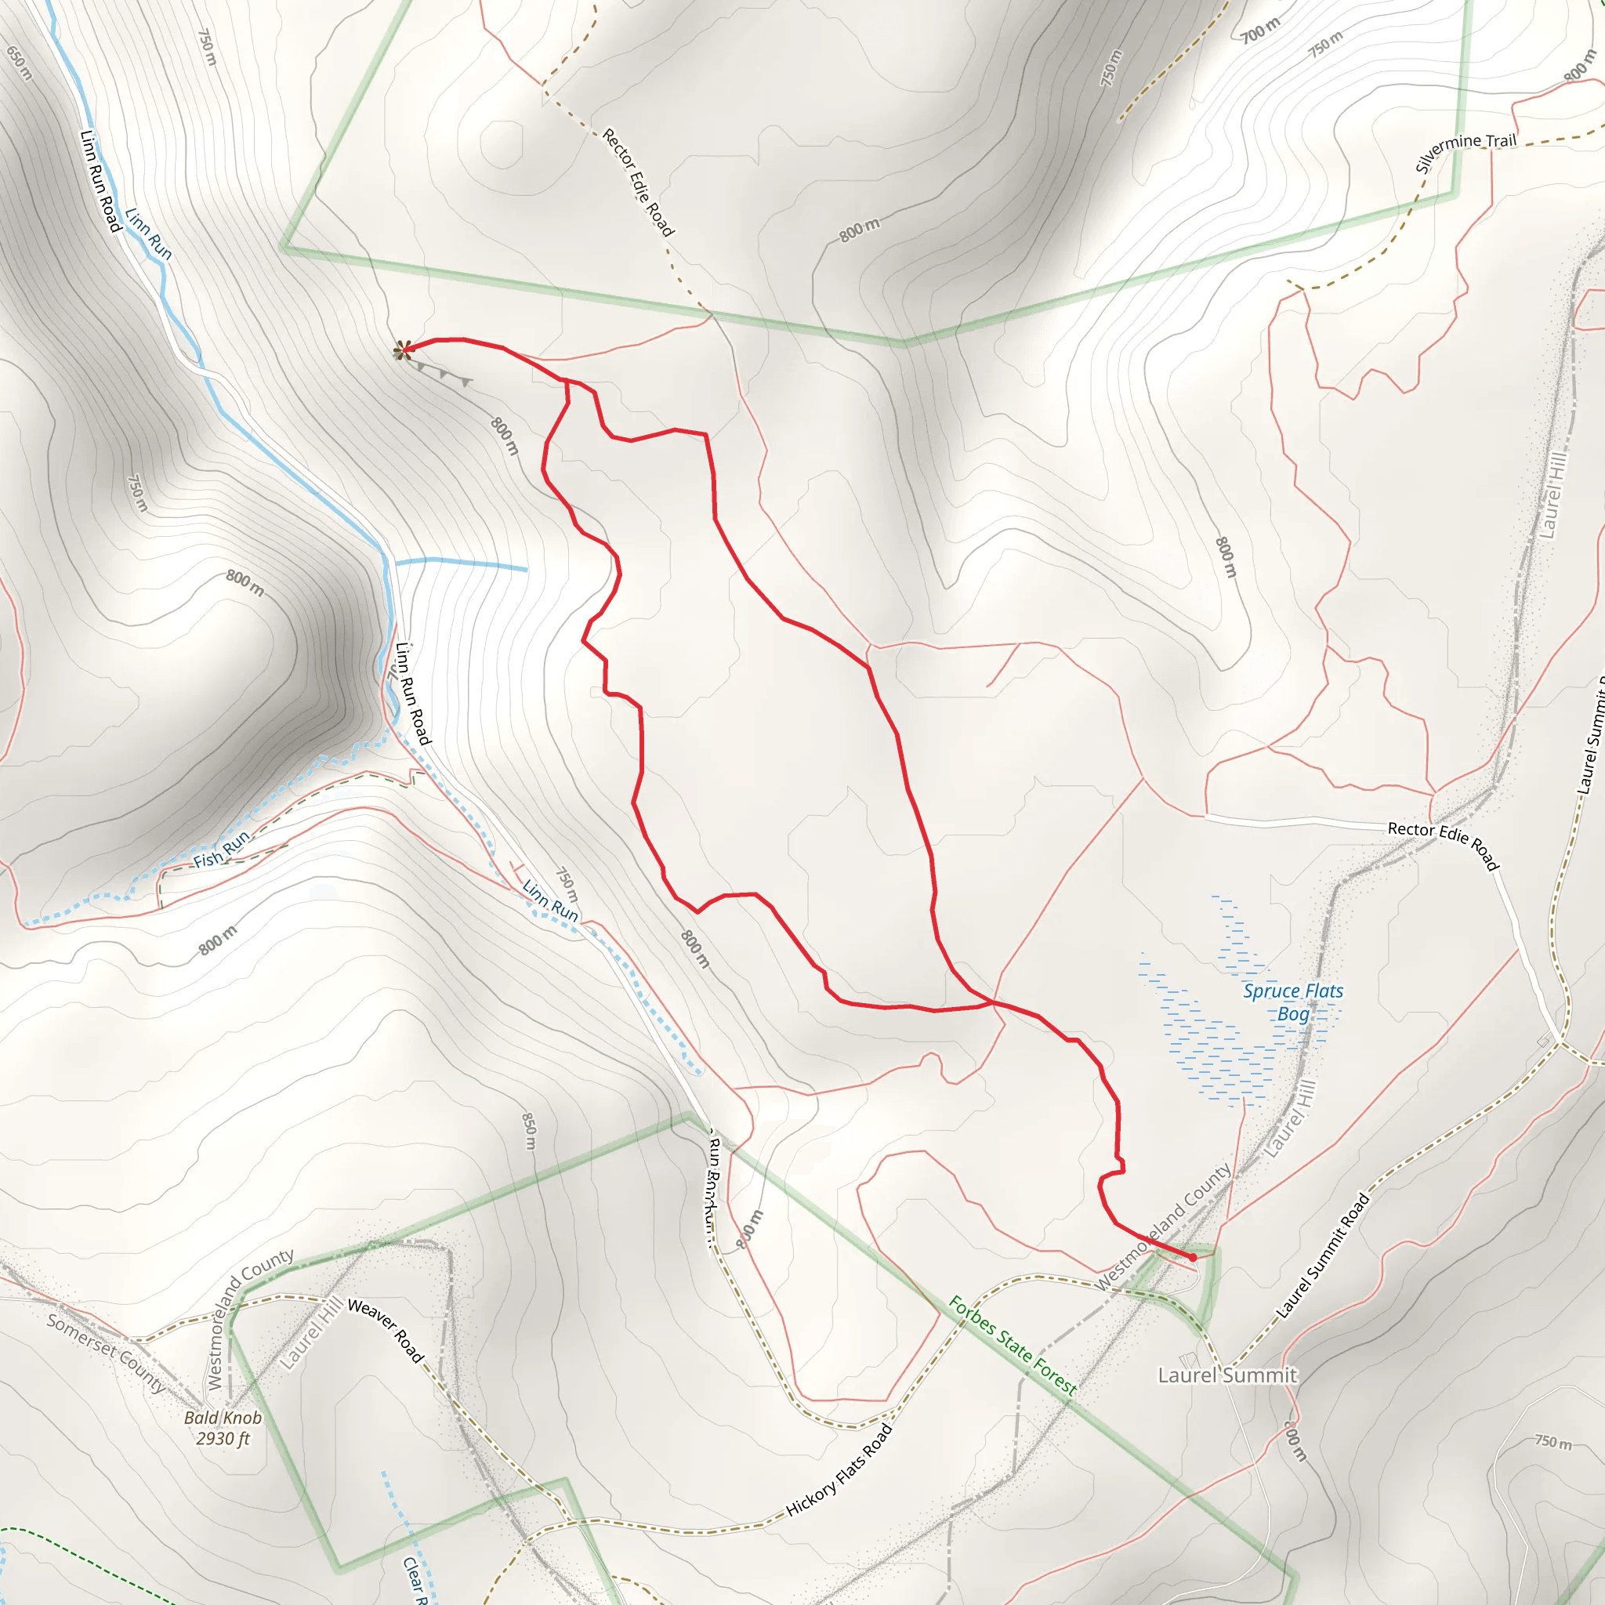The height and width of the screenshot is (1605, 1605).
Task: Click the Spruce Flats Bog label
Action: (1292, 1002)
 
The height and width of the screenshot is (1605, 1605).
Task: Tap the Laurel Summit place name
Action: (1227, 1375)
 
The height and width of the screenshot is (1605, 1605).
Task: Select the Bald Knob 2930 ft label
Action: (223, 1428)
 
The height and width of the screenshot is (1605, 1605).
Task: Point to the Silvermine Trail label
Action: (1466, 150)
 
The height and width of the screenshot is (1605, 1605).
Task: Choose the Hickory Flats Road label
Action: (839, 1469)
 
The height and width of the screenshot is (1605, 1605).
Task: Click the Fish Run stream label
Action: (221, 849)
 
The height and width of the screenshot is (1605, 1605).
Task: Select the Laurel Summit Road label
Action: (1323, 1255)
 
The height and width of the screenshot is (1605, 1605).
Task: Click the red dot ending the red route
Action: (1193, 1257)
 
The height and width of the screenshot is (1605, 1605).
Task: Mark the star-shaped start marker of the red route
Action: (403, 350)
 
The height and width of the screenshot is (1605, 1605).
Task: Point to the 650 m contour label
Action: (19, 63)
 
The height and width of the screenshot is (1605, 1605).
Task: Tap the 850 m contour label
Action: (529, 1131)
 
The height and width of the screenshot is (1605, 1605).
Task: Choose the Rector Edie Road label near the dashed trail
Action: (638, 182)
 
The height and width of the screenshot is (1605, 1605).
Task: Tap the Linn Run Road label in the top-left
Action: (100, 180)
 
